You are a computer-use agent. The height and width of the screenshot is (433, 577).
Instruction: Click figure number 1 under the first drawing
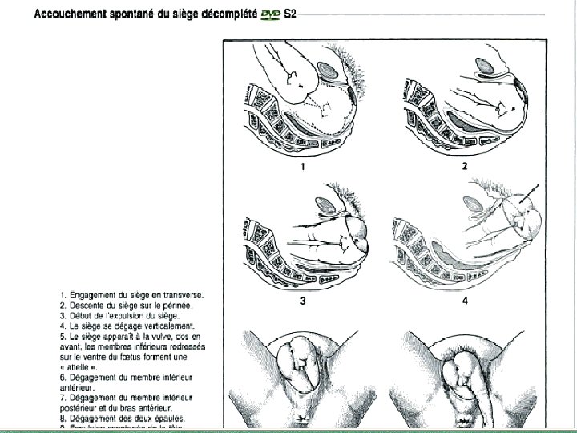point(303,167)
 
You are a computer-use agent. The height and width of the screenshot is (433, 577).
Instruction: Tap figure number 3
point(302,301)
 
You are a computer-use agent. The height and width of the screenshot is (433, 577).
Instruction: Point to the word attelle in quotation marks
point(80,366)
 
